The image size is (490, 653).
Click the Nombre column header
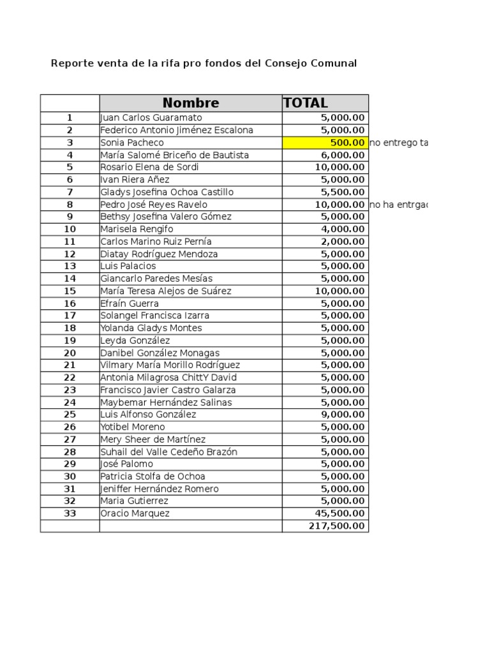[190, 103]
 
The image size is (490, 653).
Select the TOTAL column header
[306, 103]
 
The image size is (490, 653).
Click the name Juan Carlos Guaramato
[151, 118]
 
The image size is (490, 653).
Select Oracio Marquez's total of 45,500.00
[340, 513]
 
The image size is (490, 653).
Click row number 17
[70, 316]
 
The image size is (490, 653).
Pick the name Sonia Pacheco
[132, 143]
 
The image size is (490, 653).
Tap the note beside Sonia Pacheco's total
[398, 143]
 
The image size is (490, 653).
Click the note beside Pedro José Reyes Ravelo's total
[398, 205]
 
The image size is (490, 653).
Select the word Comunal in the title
[333, 63]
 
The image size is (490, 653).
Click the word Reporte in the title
[71, 63]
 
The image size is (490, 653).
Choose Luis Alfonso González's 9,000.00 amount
[343, 415]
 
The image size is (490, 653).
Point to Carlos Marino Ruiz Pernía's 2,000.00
[343, 242]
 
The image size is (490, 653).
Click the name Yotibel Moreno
[133, 427]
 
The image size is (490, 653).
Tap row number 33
[70, 513]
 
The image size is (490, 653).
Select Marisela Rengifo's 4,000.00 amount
[343, 230]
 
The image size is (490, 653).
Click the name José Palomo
[127, 464]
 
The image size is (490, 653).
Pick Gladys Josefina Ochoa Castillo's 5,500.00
[343, 193]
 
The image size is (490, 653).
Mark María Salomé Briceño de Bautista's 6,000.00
[343, 155]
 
